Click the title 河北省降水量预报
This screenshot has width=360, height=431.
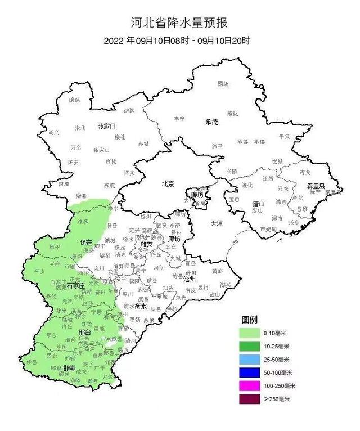pos(181,23)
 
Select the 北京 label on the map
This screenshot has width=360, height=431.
pos(168,184)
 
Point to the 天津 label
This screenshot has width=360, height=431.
pos(217,223)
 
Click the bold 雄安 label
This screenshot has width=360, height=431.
pos(147,244)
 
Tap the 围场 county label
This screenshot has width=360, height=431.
pos(223,84)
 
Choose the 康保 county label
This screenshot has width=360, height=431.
pos(74,100)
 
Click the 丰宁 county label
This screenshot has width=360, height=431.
pos(179,119)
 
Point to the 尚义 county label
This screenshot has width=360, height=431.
pos(54,132)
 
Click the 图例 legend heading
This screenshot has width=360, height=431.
pos(250,319)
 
